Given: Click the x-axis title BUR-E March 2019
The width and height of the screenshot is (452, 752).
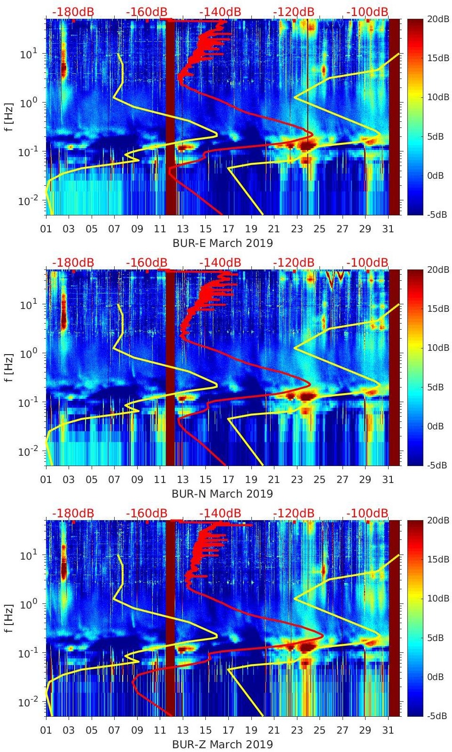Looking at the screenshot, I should tap(222, 243).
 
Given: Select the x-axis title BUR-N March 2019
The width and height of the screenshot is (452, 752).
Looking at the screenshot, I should tap(222, 494).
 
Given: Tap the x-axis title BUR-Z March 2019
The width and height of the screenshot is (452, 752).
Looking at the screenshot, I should tap(222, 744).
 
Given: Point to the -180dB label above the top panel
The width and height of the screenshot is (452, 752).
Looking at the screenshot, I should tap(73, 12).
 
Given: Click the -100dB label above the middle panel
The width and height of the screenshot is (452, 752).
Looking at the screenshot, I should tap(367, 262).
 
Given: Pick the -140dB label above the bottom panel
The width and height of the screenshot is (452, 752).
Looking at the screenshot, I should tap(220, 513).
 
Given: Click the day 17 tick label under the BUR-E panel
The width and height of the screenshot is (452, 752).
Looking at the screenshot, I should tap(228, 229).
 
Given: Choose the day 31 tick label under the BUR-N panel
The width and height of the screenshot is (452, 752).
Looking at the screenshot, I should tap(388, 480).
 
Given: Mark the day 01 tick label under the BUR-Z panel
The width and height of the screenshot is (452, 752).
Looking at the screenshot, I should tap(46, 730).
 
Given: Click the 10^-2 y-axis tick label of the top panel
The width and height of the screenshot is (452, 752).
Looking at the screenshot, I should tap(26, 201).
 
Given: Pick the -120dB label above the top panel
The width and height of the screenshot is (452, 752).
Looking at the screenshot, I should tap(294, 12).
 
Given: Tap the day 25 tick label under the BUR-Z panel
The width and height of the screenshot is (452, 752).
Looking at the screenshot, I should tap(320, 730).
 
